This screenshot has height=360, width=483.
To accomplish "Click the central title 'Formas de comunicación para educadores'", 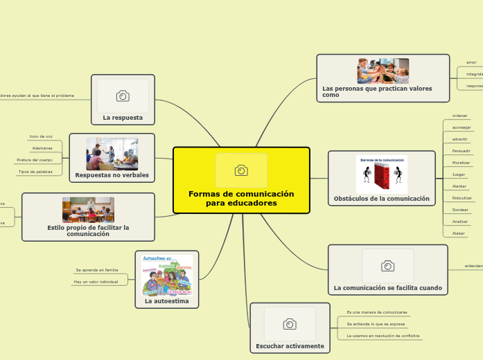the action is pos(241,199).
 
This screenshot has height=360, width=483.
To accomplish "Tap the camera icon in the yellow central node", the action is pos(241,170).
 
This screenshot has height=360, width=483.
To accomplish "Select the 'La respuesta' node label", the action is pos(123,118).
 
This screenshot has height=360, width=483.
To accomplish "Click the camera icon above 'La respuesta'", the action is pos(123,96).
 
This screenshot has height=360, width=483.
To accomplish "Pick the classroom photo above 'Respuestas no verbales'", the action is pos(112,154).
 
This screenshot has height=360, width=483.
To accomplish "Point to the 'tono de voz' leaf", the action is pos(41,136).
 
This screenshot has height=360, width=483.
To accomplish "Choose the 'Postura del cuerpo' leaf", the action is pos(35,160).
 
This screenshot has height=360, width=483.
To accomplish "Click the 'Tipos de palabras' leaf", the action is pos(35,172).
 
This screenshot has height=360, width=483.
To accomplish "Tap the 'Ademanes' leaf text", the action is pos(42,148).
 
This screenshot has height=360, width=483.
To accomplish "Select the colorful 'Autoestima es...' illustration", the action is pos(166,275).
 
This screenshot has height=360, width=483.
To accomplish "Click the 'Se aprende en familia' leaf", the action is pos(97,270).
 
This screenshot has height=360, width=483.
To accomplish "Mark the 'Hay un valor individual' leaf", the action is pos(96,282).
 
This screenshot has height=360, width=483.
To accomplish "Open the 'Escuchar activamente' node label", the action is pos(290,346).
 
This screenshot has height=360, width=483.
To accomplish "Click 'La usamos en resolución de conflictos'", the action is pos(383,336).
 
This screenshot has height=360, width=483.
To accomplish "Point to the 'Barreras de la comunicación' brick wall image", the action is pos(382,174).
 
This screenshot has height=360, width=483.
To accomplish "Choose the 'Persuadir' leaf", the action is pos(461,150).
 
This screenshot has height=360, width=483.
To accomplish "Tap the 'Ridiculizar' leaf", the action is pos(462,198).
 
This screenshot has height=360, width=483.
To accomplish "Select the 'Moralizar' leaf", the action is pos(461,162).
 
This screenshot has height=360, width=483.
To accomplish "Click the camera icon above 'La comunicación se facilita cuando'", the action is pos(388,266).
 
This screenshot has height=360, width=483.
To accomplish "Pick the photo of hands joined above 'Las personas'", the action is pos(383,71).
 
